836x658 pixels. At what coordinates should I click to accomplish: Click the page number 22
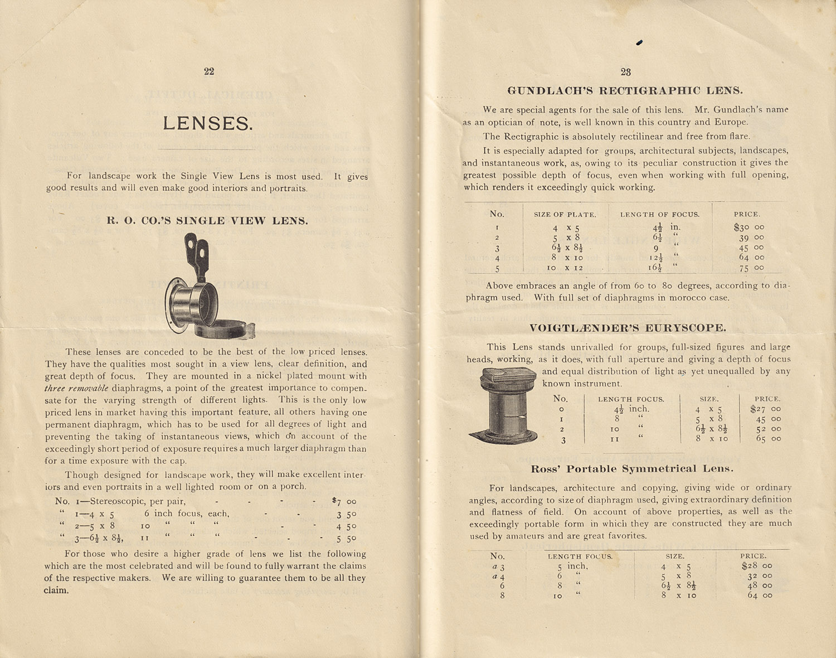click(x=209, y=71)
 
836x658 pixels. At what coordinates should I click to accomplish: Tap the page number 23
click(x=625, y=72)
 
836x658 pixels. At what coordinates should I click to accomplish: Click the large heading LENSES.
click(x=208, y=123)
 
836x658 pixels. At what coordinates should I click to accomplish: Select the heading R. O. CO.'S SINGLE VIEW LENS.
click(x=207, y=221)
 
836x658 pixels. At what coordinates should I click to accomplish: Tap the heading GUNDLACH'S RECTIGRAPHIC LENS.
click(x=625, y=90)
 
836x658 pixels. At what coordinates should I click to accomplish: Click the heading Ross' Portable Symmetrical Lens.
click(x=632, y=469)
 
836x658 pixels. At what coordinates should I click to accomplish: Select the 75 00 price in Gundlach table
click(x=751, y=268)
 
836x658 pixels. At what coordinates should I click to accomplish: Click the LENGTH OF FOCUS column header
click(x=660, y=215)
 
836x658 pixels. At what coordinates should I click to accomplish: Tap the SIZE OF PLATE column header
click(x=565, y=215)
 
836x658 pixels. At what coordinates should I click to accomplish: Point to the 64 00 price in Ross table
click(x=759, y=596)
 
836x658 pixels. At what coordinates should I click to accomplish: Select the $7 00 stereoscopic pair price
click(x=343, y=501)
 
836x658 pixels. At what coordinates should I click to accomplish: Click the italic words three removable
click(x=76, y=388)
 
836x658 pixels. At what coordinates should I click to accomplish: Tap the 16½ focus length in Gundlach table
click(x=655, y=268)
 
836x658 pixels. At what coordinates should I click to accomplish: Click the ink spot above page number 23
click(x=639, y=42)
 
